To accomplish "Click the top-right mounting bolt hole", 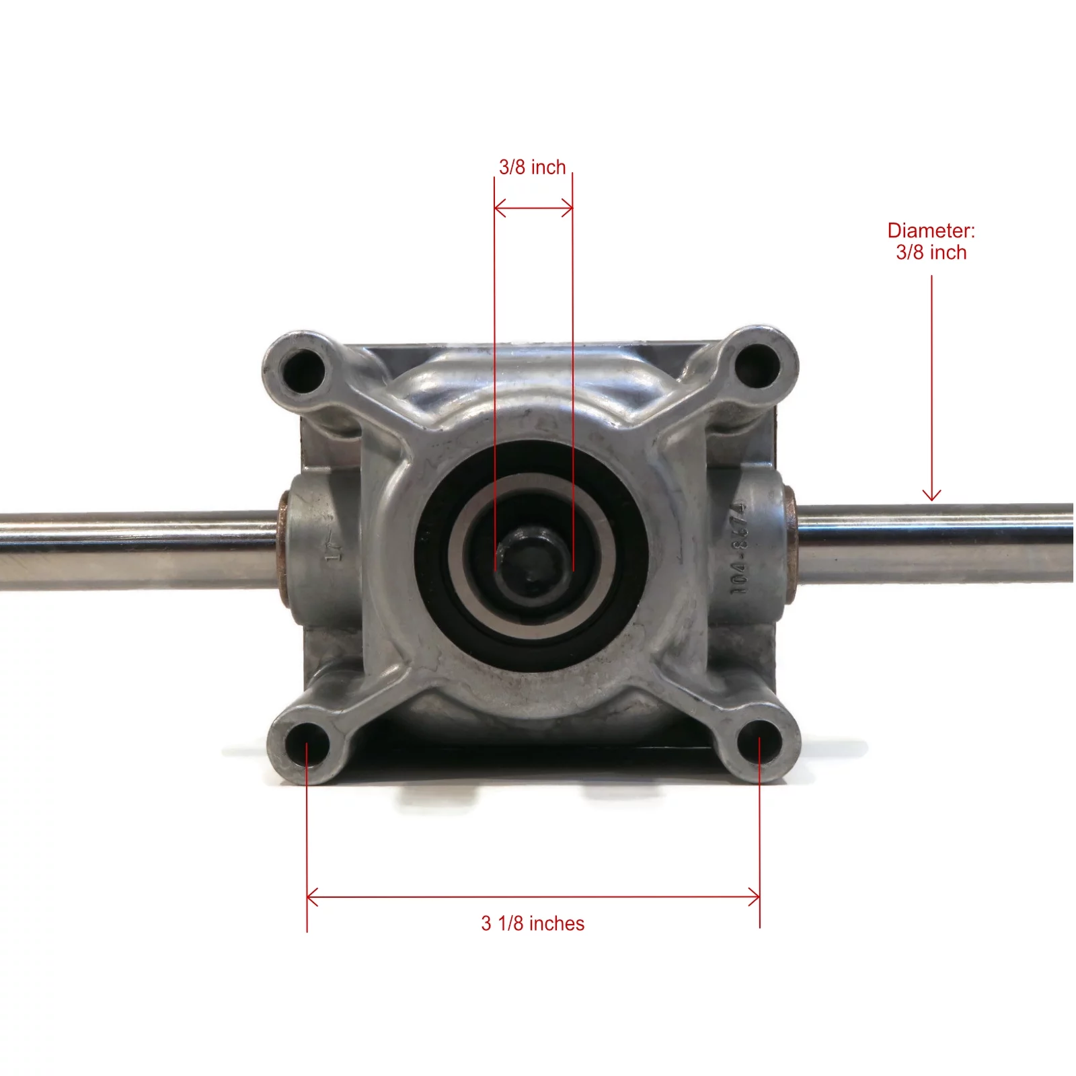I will coord(757,365).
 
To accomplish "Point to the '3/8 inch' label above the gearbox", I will coord(532,167).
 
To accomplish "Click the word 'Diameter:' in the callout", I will coord(931,231).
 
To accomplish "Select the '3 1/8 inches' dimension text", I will coord(533,923).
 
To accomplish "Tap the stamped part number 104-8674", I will coord(739,548).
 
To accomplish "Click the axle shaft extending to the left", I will coord(134,548).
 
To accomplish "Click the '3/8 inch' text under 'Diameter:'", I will coord(931,253).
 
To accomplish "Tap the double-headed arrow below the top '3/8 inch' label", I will coord(533,208).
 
